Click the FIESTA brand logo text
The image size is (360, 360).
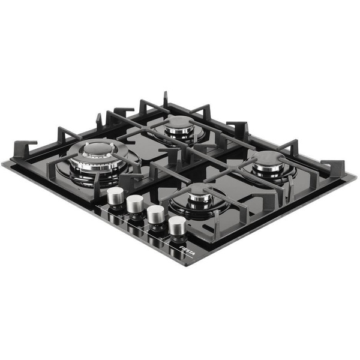tap(187, 251)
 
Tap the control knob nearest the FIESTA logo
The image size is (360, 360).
tap(177, 225)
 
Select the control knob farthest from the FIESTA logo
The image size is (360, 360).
tap(115, 196)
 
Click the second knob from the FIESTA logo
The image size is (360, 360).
tap(155, 214)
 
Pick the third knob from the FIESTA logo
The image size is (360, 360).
tap(135, 205)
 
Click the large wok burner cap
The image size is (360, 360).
tap(98, 149)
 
